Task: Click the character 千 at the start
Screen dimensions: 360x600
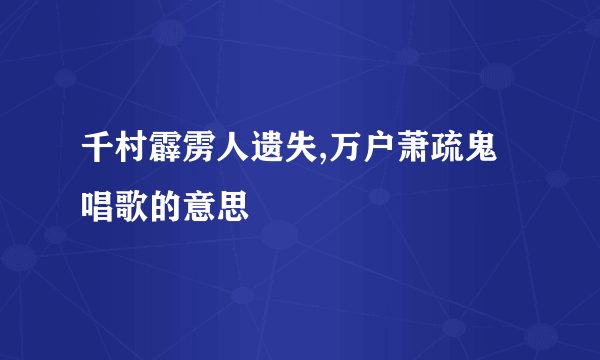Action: (98, 159)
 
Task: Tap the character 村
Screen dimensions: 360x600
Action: (130, 159)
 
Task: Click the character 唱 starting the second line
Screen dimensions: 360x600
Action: (98, 206)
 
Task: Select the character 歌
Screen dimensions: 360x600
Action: (130, 206)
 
